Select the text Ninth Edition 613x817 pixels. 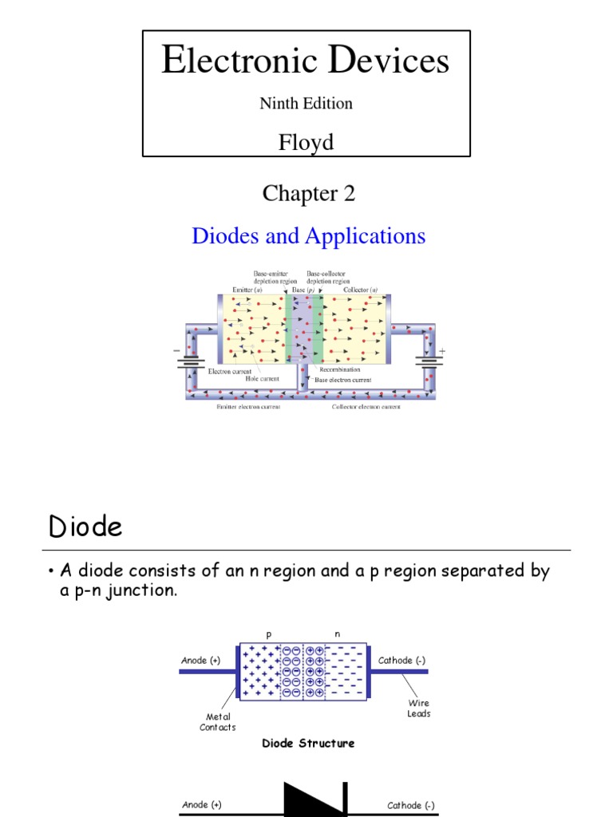[x=306, y=103]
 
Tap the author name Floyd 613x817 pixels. [x=306, y=142]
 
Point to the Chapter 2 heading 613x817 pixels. [x=308, y=193]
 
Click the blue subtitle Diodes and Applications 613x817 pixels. [x=308, y=235]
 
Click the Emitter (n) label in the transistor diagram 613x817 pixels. [x=247, y=289]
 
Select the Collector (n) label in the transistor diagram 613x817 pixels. [x=362, y=289]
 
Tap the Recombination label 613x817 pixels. [x=339, y=369]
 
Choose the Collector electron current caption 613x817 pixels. [x=366, y=406]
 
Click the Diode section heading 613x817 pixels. [x=85, y=527]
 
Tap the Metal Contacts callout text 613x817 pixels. [x=217, y=722]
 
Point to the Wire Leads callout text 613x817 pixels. [x=419, y=708]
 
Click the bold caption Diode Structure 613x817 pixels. [x=308, y=743]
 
